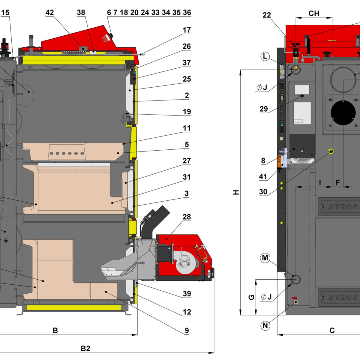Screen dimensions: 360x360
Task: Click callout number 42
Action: (49, 13)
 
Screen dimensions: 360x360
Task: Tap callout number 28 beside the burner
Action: (187, 217)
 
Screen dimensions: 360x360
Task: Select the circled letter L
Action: (265, 56)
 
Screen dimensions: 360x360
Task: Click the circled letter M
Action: (265, 258)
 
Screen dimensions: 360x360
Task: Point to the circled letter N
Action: (265, 325)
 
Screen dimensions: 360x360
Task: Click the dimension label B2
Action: (85, 348)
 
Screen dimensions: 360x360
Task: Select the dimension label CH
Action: (314, 13)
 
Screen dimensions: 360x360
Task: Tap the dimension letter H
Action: (236, 192)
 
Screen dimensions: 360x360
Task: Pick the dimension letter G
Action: (251, 297)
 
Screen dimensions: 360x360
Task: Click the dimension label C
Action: (332, 331)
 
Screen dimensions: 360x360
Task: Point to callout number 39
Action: (187, 294)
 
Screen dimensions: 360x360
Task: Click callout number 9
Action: (187, 331)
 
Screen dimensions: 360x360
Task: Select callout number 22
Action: (267, 15)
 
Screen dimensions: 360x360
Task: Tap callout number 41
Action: (263, 177)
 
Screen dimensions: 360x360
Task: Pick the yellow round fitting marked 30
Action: (331, 151)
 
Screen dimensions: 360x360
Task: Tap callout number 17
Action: (187, 30)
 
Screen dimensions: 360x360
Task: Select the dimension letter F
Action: (337, 182)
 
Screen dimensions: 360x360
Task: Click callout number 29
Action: (263, 109)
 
